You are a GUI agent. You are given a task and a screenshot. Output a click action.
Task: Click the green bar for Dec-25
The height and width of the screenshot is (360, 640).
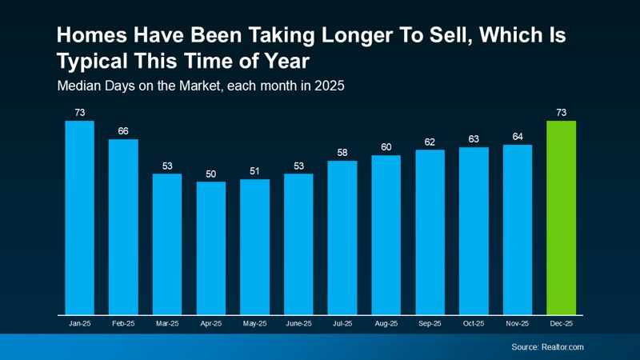click(561, 218)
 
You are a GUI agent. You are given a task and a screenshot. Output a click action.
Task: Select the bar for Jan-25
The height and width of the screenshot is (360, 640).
click(80, 218)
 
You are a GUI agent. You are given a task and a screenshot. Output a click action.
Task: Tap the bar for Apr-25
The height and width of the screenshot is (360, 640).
click(211, 248)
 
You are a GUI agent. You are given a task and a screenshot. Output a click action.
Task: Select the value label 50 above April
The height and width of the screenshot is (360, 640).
click(211, 174)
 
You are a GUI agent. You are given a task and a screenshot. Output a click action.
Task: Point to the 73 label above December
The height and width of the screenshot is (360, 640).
click(561, 113)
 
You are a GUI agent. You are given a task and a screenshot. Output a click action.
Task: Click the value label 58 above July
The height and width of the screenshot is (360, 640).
click(342, 153)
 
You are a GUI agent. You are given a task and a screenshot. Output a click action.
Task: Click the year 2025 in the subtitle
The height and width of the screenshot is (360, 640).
click(328, 85)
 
